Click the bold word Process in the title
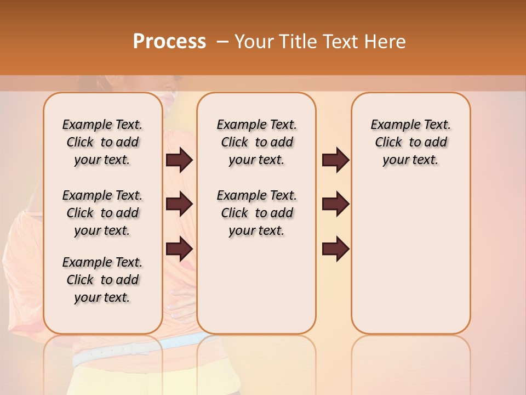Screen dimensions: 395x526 169,42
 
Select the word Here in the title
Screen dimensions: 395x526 385,42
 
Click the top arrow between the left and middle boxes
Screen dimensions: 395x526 179,160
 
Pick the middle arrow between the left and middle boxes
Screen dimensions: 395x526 179,204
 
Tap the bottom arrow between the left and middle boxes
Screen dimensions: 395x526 179,249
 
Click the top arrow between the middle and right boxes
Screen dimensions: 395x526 335,160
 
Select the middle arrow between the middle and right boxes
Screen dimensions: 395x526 335,204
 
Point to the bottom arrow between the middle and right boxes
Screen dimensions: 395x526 335,249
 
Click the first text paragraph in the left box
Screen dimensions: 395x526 102,142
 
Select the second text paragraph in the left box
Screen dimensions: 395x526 102,213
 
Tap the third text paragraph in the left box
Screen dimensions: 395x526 102,280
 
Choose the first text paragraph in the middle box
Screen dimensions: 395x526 256,142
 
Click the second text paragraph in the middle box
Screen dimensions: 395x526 256,213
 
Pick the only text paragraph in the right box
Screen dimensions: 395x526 410,142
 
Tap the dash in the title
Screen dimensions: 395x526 222,42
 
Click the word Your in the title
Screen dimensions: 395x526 253,42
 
